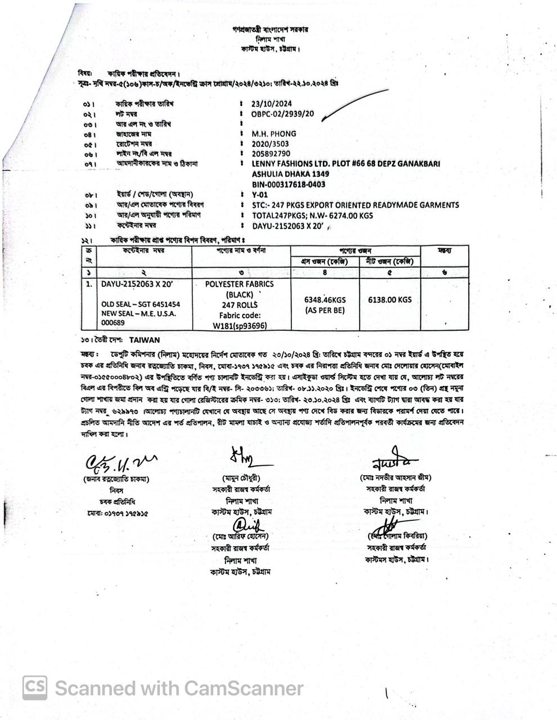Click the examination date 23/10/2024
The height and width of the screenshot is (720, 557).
point(272,103)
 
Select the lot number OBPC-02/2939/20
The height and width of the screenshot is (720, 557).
point(282,114)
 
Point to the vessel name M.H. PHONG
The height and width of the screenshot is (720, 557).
point(274,134)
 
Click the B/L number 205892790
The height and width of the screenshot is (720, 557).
point(271,154)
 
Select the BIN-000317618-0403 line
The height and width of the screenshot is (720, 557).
point(288,184)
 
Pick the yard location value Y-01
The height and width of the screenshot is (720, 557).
point(259,195)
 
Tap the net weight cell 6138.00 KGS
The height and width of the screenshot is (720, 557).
point(389,300)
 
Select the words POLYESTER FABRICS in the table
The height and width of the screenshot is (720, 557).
point(239,285)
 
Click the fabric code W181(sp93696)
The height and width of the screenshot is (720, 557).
point(240,326)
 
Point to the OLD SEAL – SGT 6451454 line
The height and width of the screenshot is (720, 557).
point(141,304)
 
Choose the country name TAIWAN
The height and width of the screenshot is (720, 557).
point(144,340)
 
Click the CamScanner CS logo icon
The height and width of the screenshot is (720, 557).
point(35,687)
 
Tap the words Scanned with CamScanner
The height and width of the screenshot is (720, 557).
point(179,688)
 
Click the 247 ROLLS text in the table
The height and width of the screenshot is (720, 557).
point(239,305)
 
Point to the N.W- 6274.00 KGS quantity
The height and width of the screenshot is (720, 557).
point(340,215)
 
